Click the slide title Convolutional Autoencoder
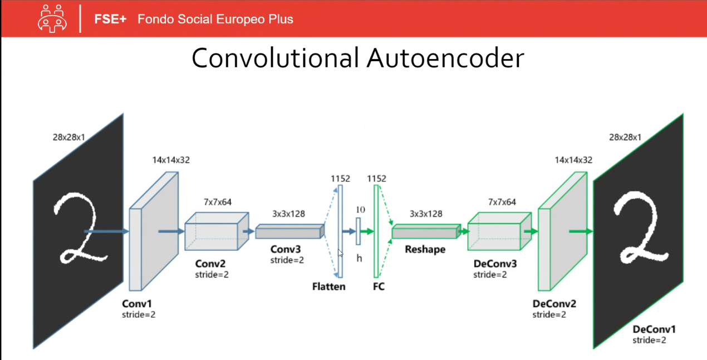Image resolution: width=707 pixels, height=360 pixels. pos(357,58)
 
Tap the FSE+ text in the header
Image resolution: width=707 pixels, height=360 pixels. pos(110,19)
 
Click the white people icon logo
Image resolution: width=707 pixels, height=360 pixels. pos(52,19)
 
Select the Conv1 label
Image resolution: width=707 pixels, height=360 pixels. pos(136,304)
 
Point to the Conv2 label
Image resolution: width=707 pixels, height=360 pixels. pos(210,263)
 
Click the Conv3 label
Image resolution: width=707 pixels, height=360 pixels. pos(286,249)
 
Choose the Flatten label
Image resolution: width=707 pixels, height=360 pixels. pos(328,287)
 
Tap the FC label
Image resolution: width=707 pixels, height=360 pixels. pos(379,287)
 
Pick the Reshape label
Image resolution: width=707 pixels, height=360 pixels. pos(425,249)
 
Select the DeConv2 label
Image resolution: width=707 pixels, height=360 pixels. pos(554,304)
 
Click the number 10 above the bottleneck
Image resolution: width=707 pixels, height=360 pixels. pos(360,209)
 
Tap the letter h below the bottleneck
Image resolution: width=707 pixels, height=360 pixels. pos(359,258)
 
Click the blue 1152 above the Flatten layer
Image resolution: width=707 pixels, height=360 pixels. pos(340,179)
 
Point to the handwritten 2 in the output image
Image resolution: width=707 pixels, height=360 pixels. pos(639,228)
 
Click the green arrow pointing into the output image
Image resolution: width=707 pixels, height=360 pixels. pos(580,231)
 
